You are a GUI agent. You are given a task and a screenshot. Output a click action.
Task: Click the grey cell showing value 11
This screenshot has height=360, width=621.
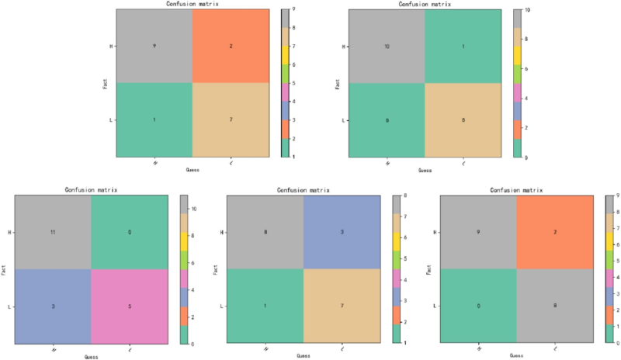pos(53,230)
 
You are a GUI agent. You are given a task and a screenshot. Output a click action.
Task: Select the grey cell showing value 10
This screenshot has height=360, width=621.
pos(387,47)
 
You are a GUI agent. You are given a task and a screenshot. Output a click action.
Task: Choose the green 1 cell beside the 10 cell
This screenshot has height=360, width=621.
pos(464,47)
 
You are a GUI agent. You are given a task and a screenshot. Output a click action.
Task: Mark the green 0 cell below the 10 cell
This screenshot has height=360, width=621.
pos(387,120)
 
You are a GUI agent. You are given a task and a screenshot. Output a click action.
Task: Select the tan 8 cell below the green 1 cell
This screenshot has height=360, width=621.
pos(464,120)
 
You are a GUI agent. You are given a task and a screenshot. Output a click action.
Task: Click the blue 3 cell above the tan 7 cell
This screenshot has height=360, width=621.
pos(342,232)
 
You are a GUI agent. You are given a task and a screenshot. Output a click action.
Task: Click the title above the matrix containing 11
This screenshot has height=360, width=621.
pos(91,189)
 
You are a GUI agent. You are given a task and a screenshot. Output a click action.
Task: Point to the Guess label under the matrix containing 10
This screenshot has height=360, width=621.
pos(425,169)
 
